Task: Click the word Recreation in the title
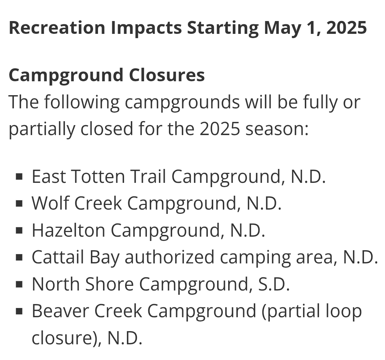pos(57,27)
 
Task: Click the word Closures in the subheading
pos(167,75)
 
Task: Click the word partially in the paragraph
pos(42,129)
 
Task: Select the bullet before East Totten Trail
pos(19,177)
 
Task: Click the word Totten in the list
pos(98,176)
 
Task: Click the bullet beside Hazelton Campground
pos(19,231)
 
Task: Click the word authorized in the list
pos(169,257)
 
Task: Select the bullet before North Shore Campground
pos(19,284)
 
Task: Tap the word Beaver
pos(60,311)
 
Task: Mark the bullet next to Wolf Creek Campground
pos(19,204)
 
